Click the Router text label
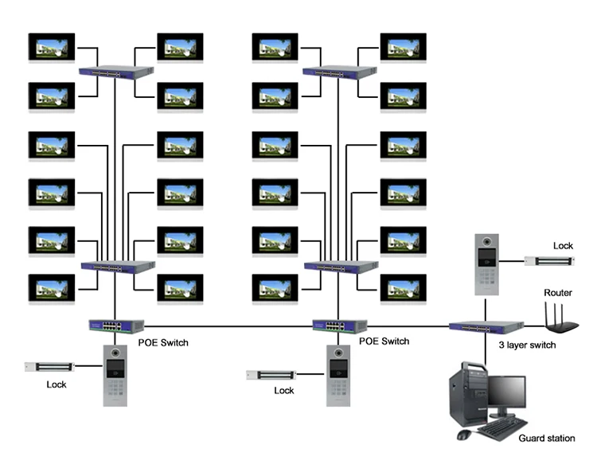558,293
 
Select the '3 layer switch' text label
527,345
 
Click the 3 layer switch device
486,326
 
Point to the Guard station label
547,439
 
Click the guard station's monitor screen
507,392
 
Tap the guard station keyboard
501,428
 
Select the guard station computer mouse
463,435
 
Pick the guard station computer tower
468,396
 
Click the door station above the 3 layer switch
486,265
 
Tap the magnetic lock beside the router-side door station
549,261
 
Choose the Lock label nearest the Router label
563,246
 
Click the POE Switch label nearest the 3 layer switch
384,341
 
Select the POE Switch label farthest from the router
163,343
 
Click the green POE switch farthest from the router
116,326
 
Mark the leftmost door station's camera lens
115,353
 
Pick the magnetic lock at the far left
49,367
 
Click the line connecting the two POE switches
228,326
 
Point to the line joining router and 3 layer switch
535,326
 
